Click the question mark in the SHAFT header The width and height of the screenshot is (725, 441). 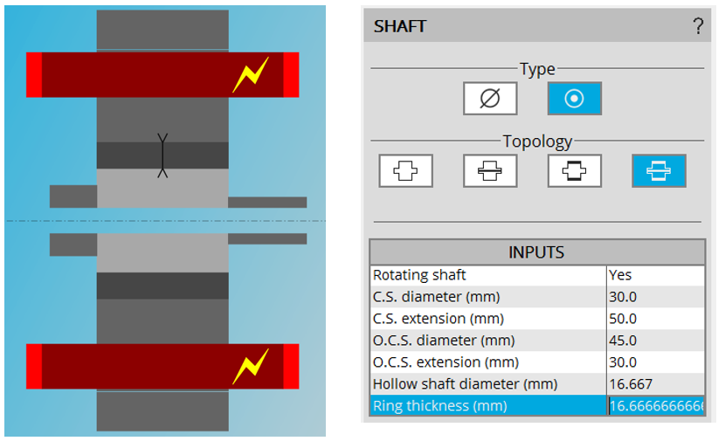[x=698, y=26]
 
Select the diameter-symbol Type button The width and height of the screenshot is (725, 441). [x=490, y=99]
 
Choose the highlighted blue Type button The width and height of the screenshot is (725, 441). [x=574, y=99]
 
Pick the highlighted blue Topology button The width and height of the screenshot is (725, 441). [x=659, y=171]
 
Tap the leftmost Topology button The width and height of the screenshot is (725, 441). [x=405, y=171]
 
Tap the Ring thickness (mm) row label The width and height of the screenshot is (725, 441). [x=439, y=406]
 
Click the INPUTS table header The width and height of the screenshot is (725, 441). [x=536, y=252]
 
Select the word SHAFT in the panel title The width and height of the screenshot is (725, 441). [x=400, y=26]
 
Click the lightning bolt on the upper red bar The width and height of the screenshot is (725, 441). [x=250, y=76]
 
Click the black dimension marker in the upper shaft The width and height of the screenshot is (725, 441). [x=162, y=155]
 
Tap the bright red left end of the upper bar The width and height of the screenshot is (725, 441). [x=34, y=75]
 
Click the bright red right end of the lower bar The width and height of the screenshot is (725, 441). [x=291, y=366]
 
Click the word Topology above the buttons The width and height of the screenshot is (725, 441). [x=537, y=141]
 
